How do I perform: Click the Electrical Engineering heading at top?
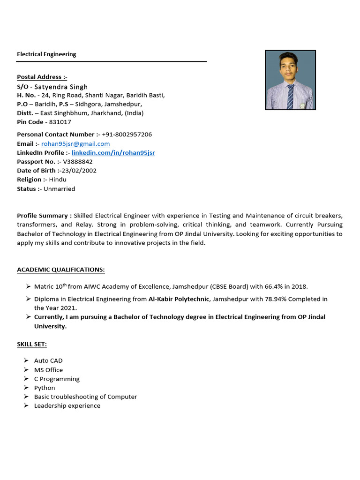(x=46, y=54)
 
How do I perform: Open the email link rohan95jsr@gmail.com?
(x=75, y=144)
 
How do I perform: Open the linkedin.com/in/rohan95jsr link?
(x=113, y=153)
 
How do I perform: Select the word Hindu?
(x=58, y=180)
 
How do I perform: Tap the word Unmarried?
(x=59, y=189)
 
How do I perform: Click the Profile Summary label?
(x=44, y=216)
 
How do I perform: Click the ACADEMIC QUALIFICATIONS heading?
(x=61, y=270)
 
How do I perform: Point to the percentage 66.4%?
(x=270, y=286)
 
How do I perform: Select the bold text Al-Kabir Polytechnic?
(x=180, y=299)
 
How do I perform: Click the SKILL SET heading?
(x=32, y=344)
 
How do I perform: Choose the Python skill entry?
(x=45, y=388)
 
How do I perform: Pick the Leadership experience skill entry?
(x=67, y=405)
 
